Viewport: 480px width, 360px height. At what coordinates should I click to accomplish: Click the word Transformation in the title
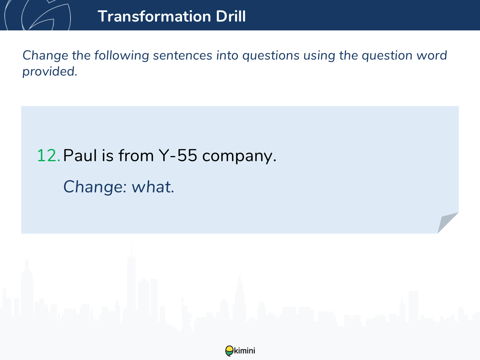[154, 16]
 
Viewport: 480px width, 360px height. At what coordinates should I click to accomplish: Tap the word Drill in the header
[231, 16]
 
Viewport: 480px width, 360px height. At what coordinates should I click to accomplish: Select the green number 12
[48, 156]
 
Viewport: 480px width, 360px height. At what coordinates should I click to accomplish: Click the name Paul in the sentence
[80, 156]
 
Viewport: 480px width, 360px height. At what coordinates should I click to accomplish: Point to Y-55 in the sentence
[178, 156]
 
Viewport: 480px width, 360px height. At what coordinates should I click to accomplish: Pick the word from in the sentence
[136, 155]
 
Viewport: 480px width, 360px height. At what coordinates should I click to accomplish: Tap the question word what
[153, 187]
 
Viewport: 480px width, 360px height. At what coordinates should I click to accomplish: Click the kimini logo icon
[229, 351]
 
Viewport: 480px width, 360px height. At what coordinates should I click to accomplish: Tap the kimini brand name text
[244, 351]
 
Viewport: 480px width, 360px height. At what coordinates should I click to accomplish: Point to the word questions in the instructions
[271, 56]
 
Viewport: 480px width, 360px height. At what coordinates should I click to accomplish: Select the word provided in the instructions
[50, 72]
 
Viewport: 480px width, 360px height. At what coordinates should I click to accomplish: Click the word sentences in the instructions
[182, 56]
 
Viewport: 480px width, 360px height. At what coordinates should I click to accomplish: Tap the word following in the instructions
[122, 56]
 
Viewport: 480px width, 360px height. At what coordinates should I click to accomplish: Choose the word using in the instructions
[319, 56]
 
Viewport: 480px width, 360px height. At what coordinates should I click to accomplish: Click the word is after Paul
[108, 156]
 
